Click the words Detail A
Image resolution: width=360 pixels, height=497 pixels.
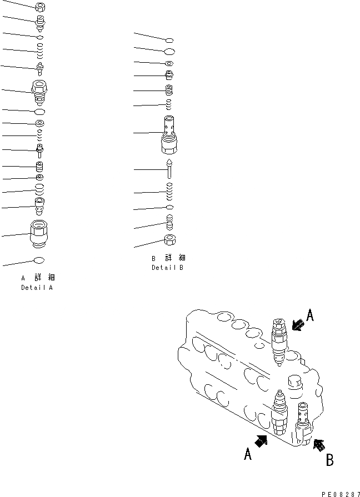click(x=38, y=288)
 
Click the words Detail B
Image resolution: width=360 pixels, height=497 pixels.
click(x=167, y=268)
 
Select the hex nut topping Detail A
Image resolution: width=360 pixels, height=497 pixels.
click(x=40, y=7)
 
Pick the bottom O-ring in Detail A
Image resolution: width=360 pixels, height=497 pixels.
click(x=39, y=260)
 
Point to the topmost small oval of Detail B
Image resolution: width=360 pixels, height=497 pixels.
click(x=169, y=39)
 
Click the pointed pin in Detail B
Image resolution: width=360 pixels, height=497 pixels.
click(x=169, y=168)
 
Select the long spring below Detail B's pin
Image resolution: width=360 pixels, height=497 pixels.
click(x=169, y=192)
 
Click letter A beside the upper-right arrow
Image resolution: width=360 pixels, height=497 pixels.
click(x=310, y=316)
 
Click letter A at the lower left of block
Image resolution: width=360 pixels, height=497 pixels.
click(x=248, y=455)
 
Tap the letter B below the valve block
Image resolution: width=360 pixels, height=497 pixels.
click(x=329, y=460)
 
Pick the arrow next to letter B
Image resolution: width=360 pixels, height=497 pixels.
click(x=318, y=444)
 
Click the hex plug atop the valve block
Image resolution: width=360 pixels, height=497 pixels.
click(x=295, y=382)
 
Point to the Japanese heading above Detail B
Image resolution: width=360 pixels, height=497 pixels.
click(x=168, y=258)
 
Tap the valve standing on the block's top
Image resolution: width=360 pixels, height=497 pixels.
click(x=278, y=340)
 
